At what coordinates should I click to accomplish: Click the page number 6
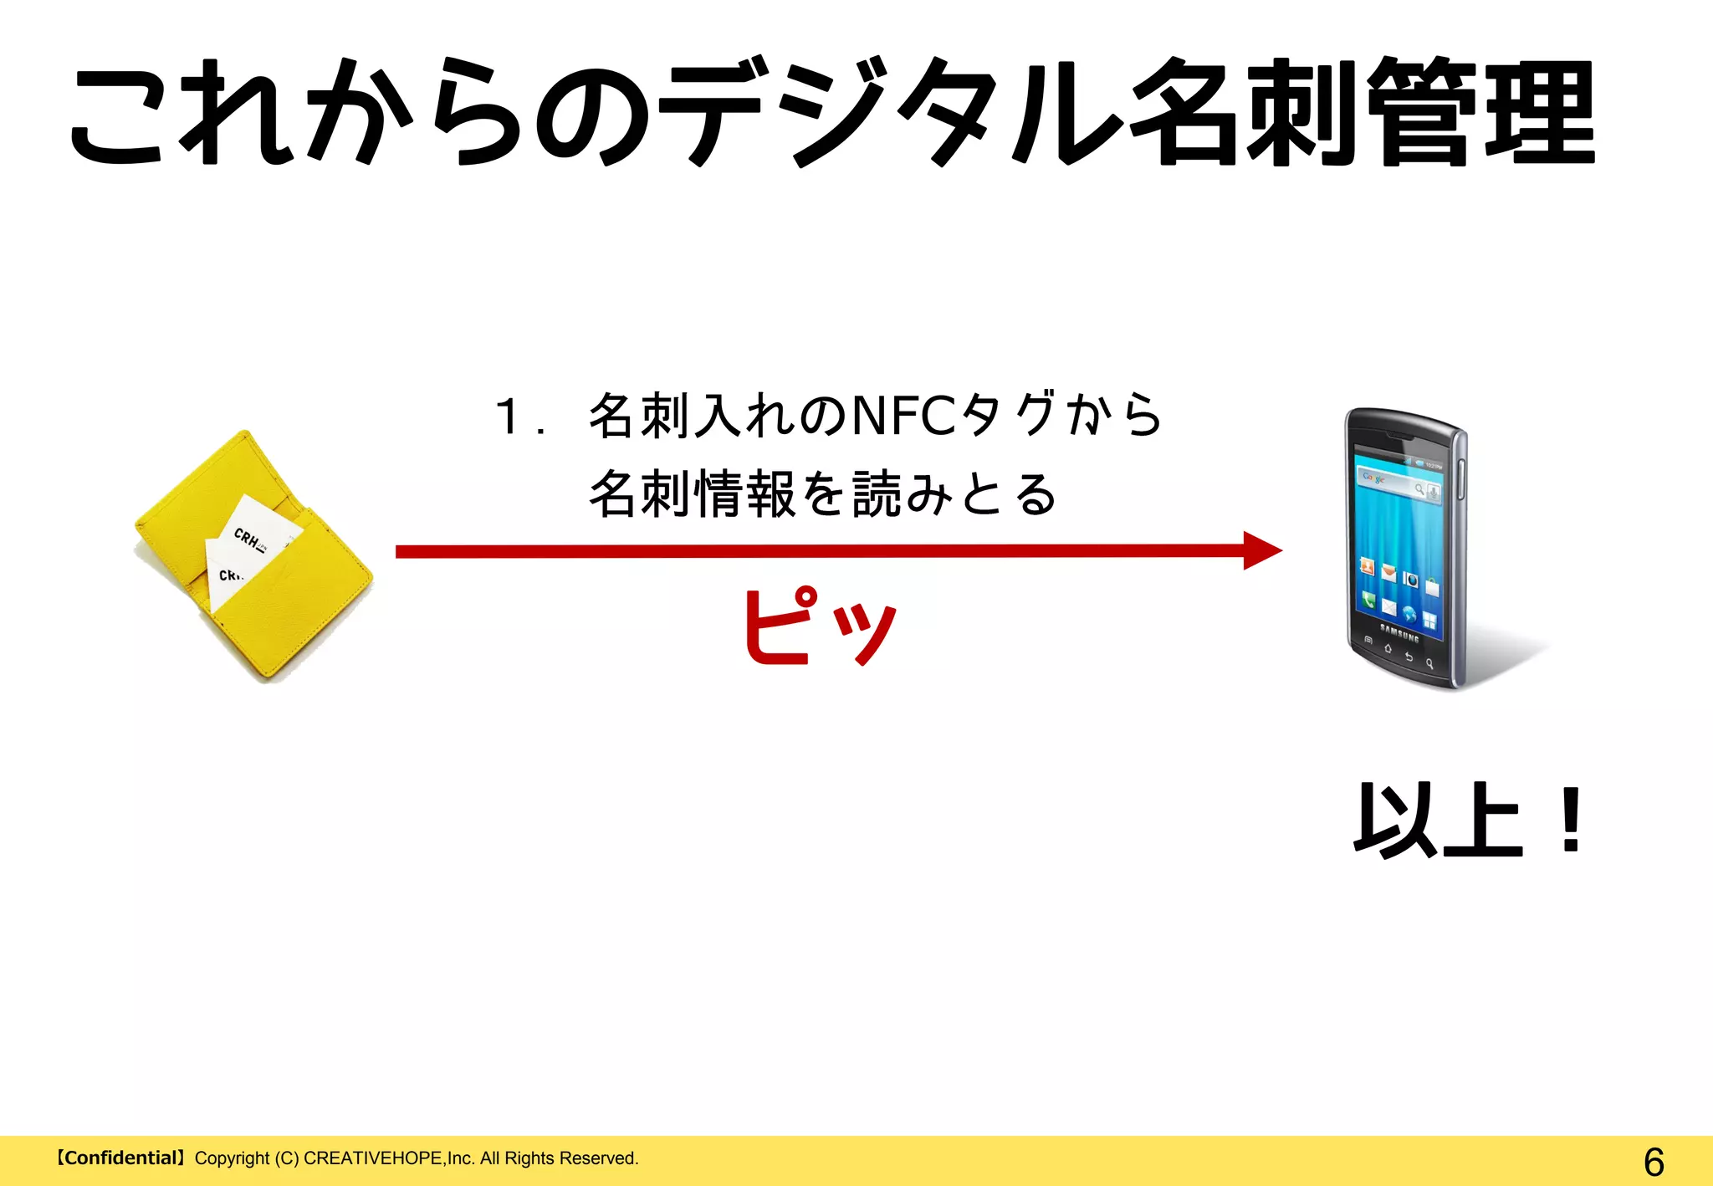tap(1653, 1162)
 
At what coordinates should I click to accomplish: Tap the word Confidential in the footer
tap(122, 1158)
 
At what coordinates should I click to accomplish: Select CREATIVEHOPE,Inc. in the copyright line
tap(389, 1158)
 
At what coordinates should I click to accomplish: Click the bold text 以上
tap(1438, 822)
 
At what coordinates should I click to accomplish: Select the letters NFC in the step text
tap(903, 417)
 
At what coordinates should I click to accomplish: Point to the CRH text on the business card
tap(248, 538)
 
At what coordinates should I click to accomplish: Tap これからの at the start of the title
tap(360, 113)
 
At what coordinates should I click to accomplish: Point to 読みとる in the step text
tap(954, 494)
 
